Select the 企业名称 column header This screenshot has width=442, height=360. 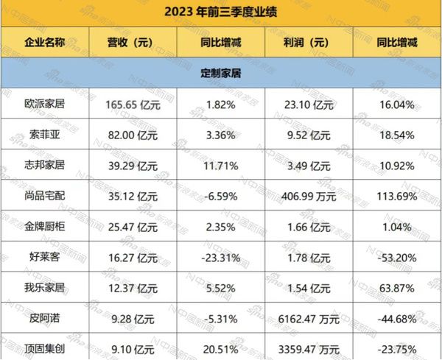coord(43,42)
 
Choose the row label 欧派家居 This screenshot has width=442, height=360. coord(43,105)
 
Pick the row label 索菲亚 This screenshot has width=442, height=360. coord(43,135)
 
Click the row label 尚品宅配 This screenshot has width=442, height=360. coord(43,196)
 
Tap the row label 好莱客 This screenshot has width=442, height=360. coord(43,256)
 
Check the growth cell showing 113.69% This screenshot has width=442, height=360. coord(396,196)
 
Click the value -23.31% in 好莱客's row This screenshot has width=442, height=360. coord(219,256)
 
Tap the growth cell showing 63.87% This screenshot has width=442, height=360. coord(396,286)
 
